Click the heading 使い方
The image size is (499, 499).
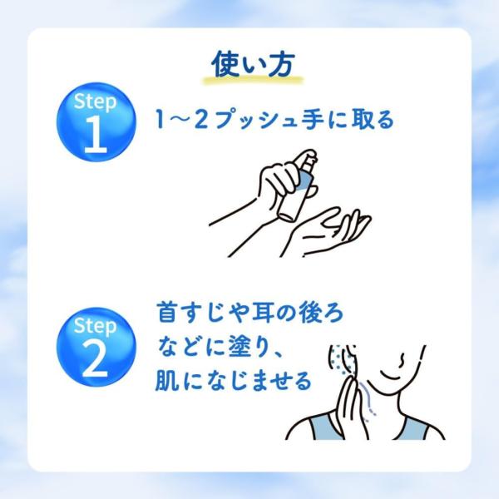pos(254,64)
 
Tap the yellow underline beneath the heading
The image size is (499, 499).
pos(254,80)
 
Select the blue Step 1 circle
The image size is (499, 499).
pos(96,122)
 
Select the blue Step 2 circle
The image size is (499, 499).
pos(96,347)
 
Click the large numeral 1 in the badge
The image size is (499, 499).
pos(96,134)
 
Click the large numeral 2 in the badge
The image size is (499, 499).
pos(95,359)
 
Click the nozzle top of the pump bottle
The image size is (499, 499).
pos(306,156)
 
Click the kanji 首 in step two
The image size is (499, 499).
pos(167,312)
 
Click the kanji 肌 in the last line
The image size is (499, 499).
pos(166,381)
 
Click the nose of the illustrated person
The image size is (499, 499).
pos(402,360)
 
